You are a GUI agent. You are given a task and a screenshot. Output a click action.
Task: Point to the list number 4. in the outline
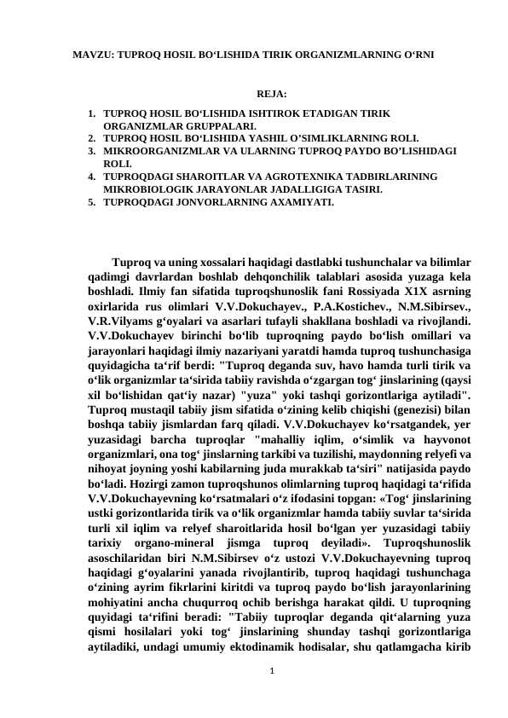pyautogui.click(x=91, y=177)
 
